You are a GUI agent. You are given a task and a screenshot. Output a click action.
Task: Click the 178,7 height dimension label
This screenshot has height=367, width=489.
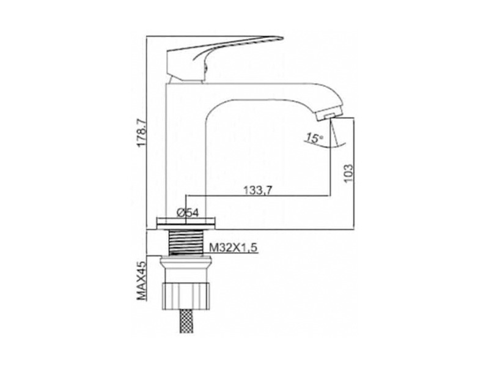(x=142, y=133)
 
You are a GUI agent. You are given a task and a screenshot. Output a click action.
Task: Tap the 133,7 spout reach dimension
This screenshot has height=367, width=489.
(x=258, y=190)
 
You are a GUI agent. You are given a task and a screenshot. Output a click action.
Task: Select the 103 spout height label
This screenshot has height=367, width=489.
(x=348, y=174)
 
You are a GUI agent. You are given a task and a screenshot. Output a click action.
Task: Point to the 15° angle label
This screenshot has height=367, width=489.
(x=314, y=138)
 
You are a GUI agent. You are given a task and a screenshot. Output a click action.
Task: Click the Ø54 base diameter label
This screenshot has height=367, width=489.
(x=188, y=213)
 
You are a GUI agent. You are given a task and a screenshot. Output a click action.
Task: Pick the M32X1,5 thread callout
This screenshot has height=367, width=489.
(x=233, y=248)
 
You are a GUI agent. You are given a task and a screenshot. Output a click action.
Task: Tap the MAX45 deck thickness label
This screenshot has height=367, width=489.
(x=142, y=281)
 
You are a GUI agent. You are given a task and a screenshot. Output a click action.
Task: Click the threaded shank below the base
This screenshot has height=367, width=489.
(x=186, y=242)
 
